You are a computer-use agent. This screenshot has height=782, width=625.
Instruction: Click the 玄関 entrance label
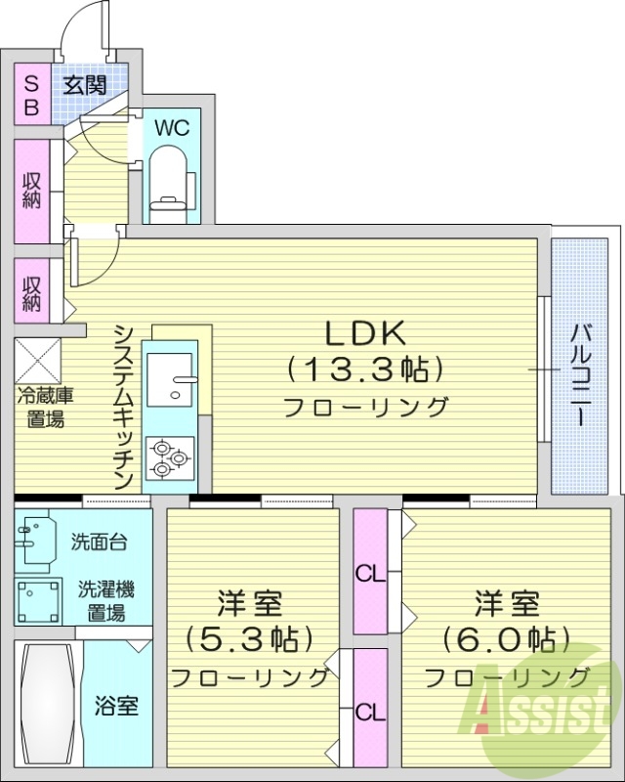(x=85, y=84)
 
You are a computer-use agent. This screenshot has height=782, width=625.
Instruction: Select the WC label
(x=171, y=128)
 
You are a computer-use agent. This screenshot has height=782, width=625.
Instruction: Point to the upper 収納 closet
(x=31, y=191)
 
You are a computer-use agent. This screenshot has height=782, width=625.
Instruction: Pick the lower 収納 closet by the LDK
(x=31, y=291)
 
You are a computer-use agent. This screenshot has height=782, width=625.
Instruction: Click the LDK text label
(x=364, y=333)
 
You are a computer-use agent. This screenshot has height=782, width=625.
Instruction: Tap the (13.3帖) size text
(x=364, y=369)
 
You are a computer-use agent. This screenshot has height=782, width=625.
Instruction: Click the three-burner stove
(x=171, y=456)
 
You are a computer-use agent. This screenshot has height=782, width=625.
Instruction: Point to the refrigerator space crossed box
(x=38, y=361)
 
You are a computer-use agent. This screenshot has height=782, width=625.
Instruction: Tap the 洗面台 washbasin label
(x=98, y=541)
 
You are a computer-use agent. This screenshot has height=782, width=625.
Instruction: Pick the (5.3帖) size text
(x=251, y=638)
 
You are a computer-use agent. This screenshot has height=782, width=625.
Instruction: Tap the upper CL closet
(x=370, y=574)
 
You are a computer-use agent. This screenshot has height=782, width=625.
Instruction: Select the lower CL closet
(x=370, y=711)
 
